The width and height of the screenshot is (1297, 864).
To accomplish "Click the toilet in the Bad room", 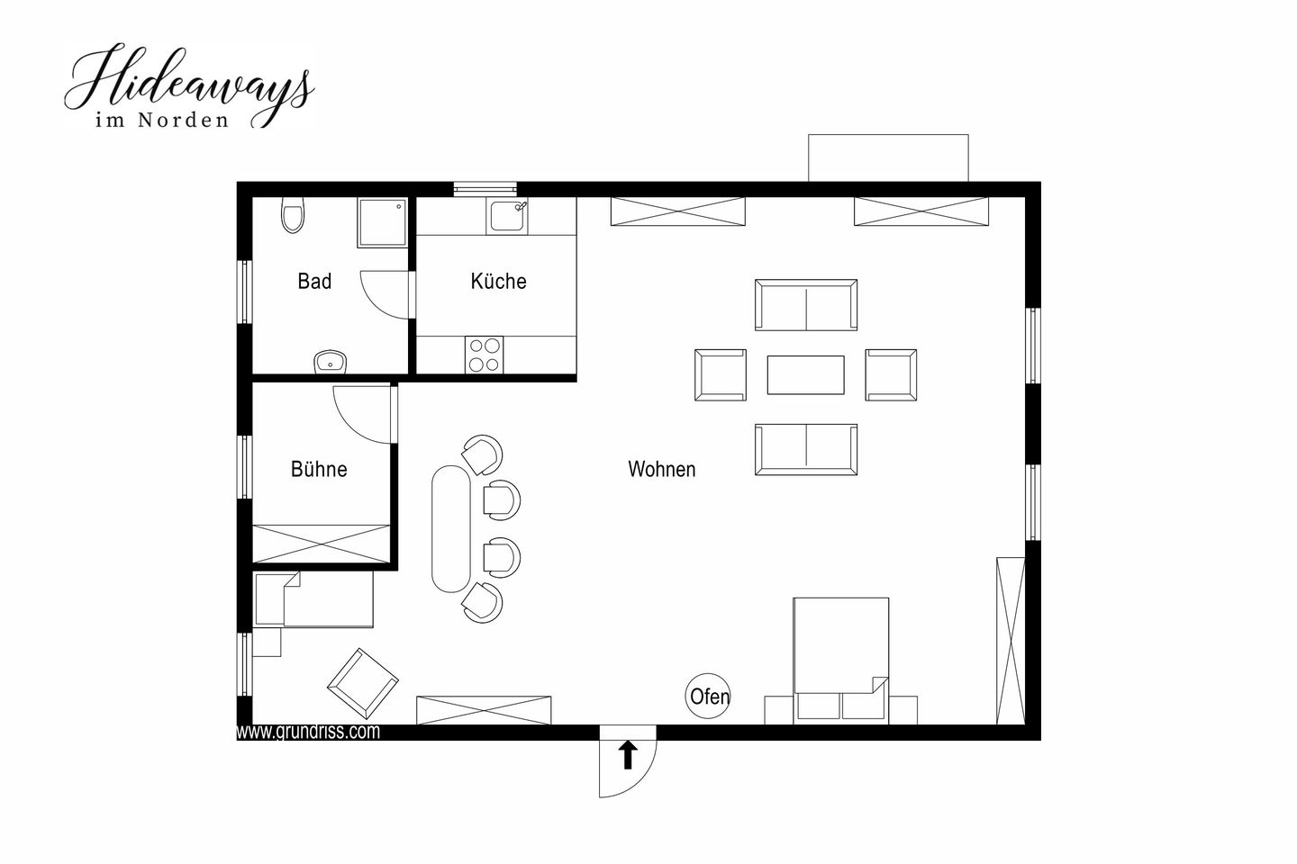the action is (293, 215).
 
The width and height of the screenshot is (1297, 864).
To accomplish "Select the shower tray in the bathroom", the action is (383, 223).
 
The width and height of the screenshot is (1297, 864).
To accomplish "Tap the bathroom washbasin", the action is (330, 363).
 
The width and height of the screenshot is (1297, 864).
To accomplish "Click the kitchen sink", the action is (508, 216).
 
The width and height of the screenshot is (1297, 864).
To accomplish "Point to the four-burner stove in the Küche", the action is (484, 355).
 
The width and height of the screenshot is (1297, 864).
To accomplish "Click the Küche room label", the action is (499, 281).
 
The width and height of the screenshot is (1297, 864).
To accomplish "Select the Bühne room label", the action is (319, 469).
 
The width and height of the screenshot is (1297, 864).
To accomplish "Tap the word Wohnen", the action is (662, 469).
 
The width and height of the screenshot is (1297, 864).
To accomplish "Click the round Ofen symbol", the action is (708, 697).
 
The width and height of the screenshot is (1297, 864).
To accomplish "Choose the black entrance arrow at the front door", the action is (628, 756).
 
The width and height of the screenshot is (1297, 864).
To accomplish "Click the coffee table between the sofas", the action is (806, 375).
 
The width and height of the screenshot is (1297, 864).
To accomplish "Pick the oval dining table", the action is (451, 529).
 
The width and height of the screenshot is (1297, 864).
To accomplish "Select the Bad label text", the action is (314, 281).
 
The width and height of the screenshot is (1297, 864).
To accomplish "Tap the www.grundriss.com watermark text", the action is (309, 732).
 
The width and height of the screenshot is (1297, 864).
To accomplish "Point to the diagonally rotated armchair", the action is (363, 684).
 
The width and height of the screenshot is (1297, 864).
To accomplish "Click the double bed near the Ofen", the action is (840, 661).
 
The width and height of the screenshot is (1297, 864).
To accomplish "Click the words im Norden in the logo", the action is (162, 121).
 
